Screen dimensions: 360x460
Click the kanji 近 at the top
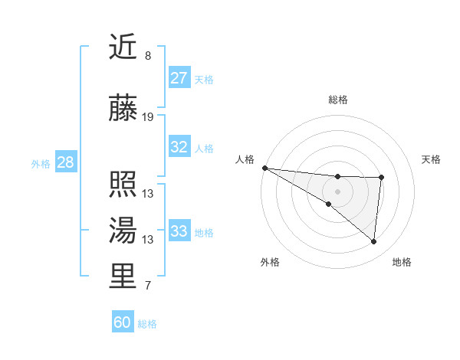(123, 48)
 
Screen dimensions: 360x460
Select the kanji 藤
(123, 109)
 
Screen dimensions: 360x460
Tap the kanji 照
(123, 185)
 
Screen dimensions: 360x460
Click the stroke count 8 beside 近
(148, 56)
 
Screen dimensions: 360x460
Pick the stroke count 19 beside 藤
(148, 117)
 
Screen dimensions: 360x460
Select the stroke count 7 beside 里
(148, 286)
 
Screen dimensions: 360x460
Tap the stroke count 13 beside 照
(148, 193)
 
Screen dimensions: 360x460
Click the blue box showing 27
(179, 77)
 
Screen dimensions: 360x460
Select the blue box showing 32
(179, 147)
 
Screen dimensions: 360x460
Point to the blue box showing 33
(179, 231)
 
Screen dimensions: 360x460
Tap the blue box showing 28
(65, 162)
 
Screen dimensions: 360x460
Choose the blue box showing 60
(123, 322)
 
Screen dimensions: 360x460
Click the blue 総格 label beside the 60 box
(147, 324)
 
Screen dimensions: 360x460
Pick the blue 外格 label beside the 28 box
(40, 163)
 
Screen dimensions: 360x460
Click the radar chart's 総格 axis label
(337, 100)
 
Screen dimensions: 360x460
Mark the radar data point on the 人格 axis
(264, 167)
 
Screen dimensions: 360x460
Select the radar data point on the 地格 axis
(373, 241)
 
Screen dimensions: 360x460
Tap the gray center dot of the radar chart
(337, 191)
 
